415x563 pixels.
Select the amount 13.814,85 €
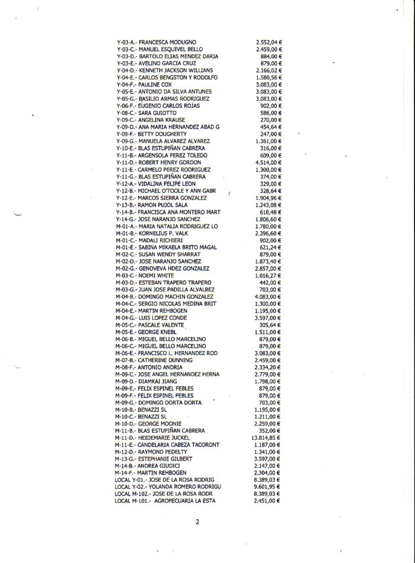point(266,437)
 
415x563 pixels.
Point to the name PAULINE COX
point(154,85)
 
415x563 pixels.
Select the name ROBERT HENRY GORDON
point(170,162)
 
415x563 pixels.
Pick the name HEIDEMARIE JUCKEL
point(165,437)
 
